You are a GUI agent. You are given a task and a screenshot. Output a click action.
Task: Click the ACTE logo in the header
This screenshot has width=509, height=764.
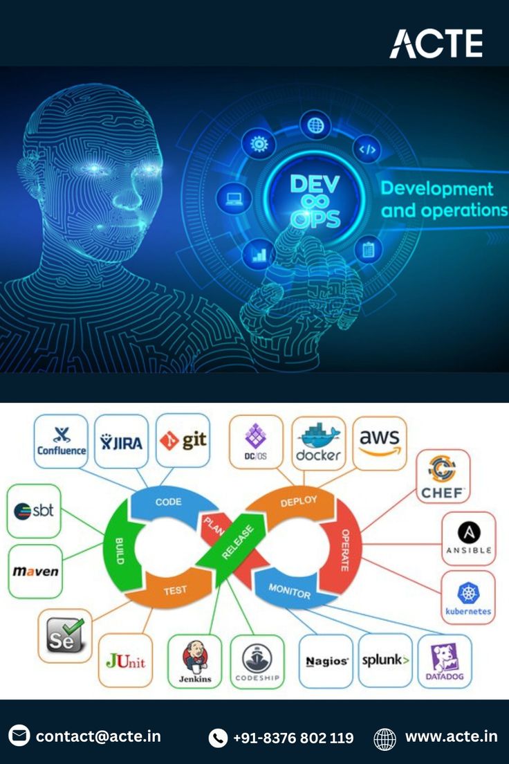[436, 44]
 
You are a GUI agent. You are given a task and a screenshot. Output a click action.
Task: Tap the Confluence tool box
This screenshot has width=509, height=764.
[61, 442]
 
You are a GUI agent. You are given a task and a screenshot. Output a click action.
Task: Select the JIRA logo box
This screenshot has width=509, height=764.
[122, 442]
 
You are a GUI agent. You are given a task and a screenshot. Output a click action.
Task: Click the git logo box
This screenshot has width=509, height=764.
[183, 442]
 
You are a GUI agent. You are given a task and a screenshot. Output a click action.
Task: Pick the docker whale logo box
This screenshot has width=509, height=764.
[318, 443]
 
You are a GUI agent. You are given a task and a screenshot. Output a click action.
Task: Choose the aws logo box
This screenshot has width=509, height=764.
[380, 443]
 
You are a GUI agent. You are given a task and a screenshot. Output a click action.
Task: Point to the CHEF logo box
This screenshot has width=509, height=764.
[443, 476]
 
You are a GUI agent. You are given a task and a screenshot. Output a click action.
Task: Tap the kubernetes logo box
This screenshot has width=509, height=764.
[468, 597]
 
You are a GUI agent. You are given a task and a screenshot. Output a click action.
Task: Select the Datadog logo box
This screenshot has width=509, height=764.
[445, 661]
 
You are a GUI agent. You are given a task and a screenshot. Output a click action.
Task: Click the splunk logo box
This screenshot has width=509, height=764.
[385, 661]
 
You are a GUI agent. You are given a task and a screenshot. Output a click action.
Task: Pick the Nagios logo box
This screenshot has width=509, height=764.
[326, 661]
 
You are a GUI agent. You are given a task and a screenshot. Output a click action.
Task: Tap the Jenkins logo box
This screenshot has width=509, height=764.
[195, 661]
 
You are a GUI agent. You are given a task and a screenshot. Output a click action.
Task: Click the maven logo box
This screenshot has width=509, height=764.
[35, 572]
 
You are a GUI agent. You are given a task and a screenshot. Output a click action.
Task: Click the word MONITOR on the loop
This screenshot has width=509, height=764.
[289, 592]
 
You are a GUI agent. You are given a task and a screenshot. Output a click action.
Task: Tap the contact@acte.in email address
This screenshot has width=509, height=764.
[98, 736]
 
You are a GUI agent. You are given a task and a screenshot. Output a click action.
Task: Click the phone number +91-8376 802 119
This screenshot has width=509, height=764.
[293, 738]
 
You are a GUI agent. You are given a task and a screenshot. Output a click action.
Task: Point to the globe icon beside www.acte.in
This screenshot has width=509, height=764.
[385, 738]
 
